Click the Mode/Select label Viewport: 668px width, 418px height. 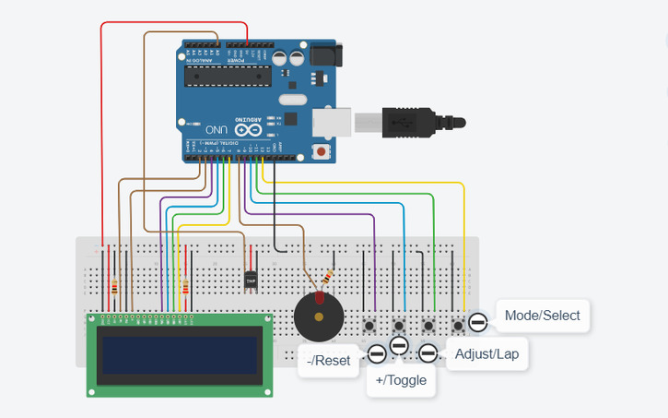[x=542, y=316]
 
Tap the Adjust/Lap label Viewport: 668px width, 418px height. [x=486, y=354]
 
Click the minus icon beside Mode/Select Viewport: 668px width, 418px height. [x=477, y=322]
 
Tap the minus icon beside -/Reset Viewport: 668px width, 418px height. [x=377, y=353]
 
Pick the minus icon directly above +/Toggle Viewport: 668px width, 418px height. [x=399, y=345]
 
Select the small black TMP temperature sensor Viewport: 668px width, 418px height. [x=250, y=279]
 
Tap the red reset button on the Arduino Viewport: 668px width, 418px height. [x=321, y=151]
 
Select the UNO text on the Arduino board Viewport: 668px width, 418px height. [x=217, y=130]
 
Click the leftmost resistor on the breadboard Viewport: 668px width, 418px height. [x=114, y=286]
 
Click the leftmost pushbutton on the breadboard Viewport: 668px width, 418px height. [x=370, y=325]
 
